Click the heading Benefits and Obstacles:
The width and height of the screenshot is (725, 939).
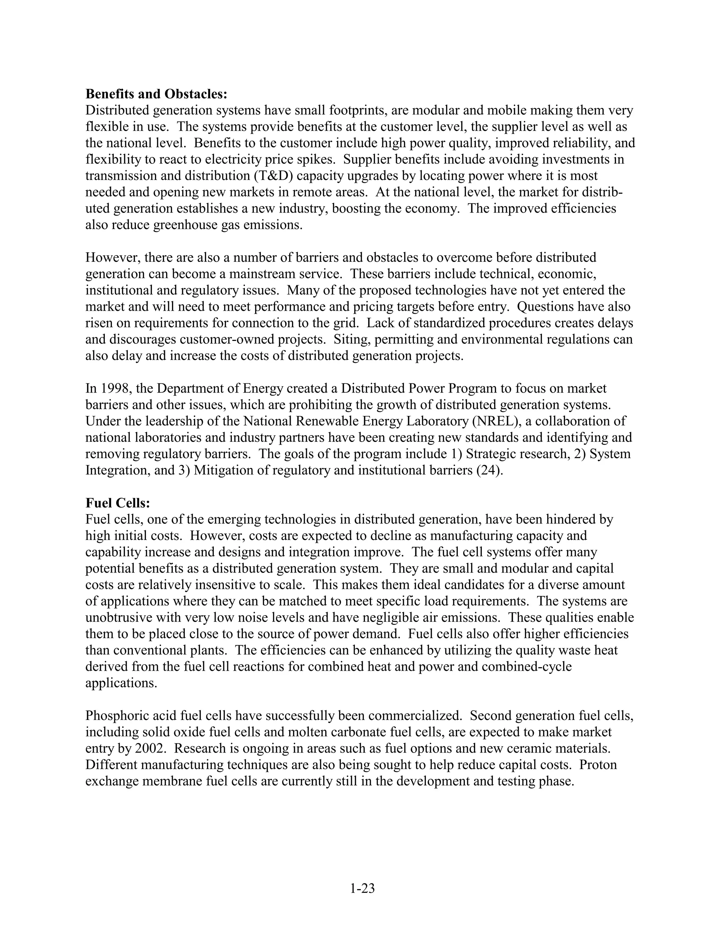click(156, 94)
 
